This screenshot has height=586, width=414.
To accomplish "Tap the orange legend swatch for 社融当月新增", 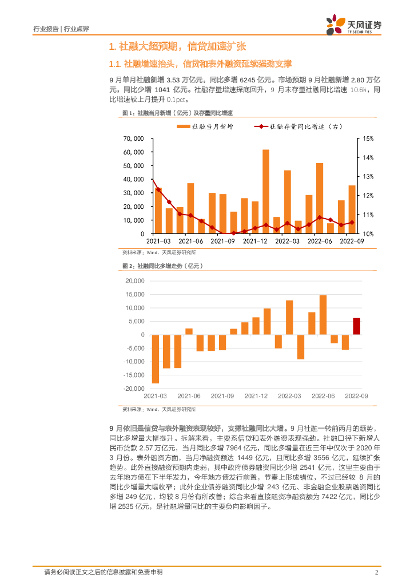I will [184, 126].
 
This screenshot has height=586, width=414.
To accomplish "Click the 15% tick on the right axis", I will [368, 138].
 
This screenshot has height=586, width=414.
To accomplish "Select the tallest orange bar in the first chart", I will [266, 192].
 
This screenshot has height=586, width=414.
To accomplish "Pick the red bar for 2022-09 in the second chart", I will [357, 326].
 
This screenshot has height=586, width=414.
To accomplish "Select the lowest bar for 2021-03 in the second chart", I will [156, 359].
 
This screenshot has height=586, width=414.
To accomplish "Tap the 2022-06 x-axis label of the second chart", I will [323, 396].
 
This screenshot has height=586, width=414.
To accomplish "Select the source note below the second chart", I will [159, 410].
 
